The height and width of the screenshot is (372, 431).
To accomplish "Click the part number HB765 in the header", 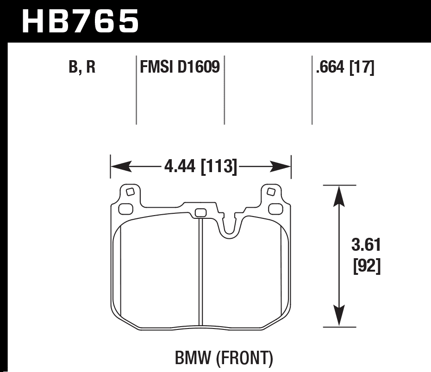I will click(80, 21).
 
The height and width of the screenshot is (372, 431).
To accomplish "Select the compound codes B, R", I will click(82, 68).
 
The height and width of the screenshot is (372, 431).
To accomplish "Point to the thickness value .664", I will click(331, 68).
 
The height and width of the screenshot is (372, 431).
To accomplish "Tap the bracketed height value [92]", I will click(367, 267).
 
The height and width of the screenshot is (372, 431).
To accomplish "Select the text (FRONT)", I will click(245, 358).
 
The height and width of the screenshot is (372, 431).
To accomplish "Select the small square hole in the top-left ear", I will click(130, 192).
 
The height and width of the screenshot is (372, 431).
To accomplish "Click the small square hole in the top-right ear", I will click(271, 192).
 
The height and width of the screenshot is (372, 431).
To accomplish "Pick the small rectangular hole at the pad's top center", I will click(200, 212).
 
